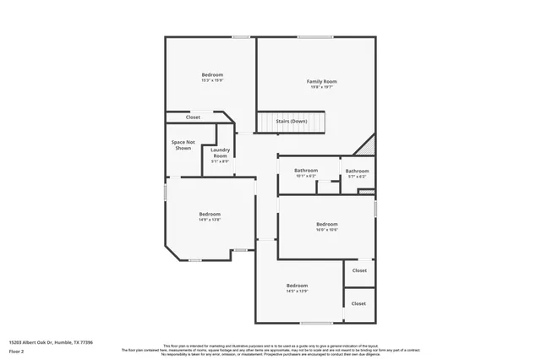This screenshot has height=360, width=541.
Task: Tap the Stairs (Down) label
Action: pos(292,121)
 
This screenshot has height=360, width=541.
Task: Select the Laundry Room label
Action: pos(220,153)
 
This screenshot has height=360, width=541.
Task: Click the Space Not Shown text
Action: pos(183,145)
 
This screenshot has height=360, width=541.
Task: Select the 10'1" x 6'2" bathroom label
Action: pos(306,171)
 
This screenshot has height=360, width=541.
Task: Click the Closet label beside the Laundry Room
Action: pos(193,117)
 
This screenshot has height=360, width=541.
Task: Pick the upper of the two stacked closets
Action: pos(359,270)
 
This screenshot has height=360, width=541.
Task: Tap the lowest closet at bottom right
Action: pos(358,303)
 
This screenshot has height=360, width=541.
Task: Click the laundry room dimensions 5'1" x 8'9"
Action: pos(220,161)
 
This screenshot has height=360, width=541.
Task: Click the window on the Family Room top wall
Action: pos(314,36)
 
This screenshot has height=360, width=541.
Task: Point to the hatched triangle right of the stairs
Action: pos(369,145)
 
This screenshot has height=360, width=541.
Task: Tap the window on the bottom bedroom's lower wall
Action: pos(316,323)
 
